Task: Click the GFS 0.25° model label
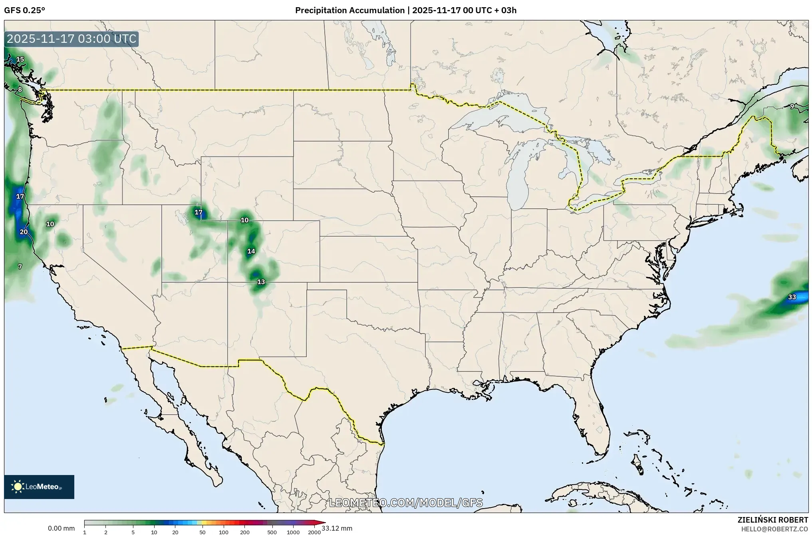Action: (24, 10)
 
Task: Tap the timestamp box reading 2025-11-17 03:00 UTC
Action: (72, 39)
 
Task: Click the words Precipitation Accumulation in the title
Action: (349, 10)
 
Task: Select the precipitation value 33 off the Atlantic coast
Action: (792, 297)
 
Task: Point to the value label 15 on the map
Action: (20, 60)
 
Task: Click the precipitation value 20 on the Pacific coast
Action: (24, 232)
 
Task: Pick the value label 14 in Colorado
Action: (251, 252)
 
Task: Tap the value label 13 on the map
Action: (261, 282)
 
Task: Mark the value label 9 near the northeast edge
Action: (792, 106)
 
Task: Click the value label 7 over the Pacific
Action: (20, 266)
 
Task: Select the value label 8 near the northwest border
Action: (20, 90)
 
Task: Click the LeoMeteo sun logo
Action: (18, 487)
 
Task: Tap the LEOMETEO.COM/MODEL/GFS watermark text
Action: (406, 503)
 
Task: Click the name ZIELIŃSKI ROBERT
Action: (772, 520)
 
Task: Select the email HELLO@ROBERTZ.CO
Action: (774, 529)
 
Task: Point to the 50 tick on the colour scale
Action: (203, 532)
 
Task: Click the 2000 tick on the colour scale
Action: (314, 532)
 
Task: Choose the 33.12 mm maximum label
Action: (337, 529)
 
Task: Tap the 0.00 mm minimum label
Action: (61, 529)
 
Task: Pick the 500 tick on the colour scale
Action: (272, 532)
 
